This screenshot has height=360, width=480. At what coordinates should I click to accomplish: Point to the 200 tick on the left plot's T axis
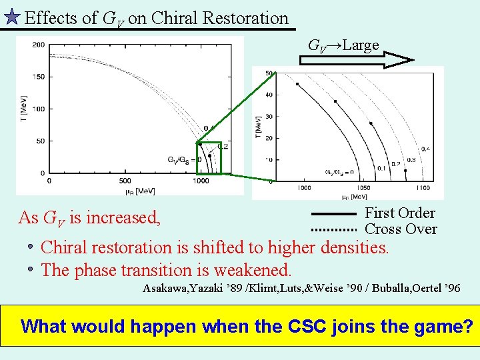pos(38,45)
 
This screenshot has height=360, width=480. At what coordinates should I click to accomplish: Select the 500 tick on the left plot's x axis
pos(125,181)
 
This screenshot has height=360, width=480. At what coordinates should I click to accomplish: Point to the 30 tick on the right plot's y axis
pos(269,117)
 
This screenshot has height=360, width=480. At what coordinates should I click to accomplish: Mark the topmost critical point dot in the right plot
pos(297,84)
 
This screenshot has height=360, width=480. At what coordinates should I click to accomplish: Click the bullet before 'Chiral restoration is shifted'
pos(31,247)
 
